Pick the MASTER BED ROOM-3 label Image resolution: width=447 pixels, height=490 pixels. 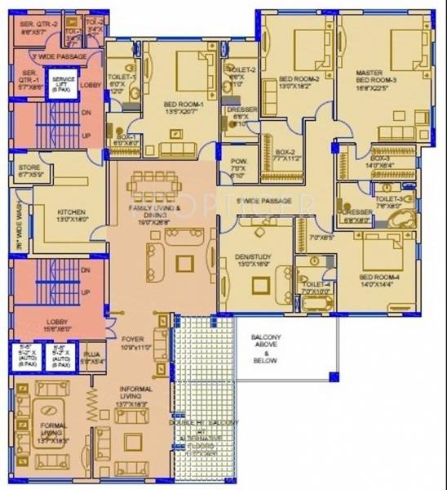tap(375, 81)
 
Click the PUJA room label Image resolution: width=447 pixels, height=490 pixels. tap(91, 357)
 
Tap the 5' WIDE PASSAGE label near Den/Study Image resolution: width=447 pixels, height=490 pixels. tap(263, 200)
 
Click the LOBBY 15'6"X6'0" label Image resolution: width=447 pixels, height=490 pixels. tap(57, 324)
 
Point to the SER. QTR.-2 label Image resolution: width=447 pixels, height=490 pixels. tap(38, 29)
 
